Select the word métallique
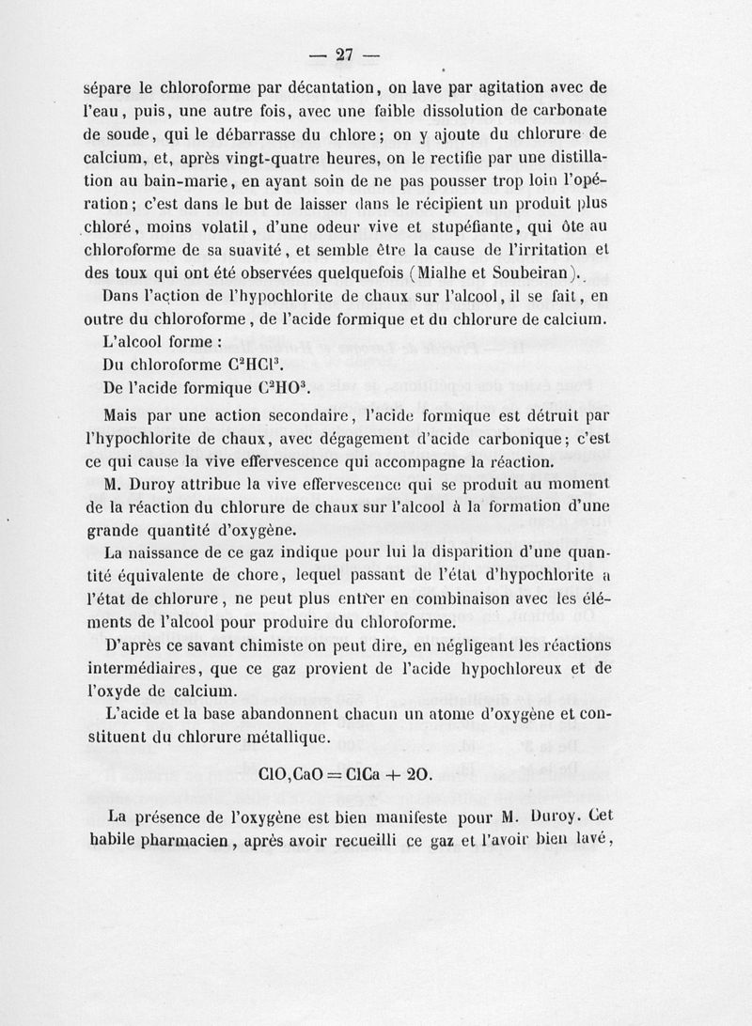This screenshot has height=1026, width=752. [285, 738]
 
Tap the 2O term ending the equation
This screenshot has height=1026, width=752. [419, 775]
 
